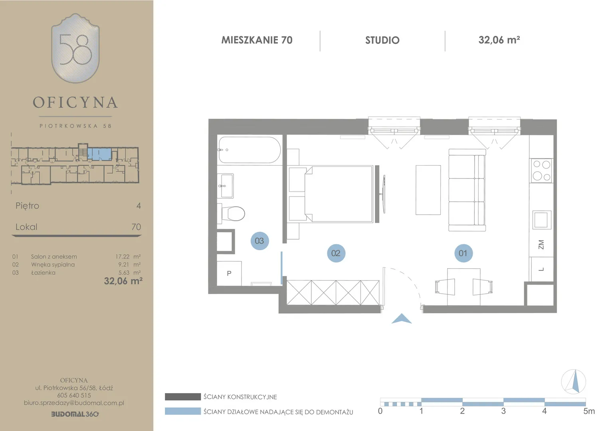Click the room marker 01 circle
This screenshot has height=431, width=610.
pyautogui.click(x=463, y=253)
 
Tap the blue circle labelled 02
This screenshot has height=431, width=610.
pyautogui.click(x=336, y=253)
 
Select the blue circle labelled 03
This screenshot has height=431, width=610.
pyautogui.click(x=259, y=241)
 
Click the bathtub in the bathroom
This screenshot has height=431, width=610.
pyautogui.click(x=250, y=150)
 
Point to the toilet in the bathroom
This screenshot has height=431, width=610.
pyautogui.click(x=232, y=214)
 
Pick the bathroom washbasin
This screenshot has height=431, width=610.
pyautogui.click(x=226, y=186)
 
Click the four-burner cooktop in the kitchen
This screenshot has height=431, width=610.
pyautogui.click(x=541, y=171)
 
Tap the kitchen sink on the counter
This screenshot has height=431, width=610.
pyautogui.click(x=541, y=220)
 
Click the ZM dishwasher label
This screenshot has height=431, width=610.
pyautogui.click(x=541, y=245)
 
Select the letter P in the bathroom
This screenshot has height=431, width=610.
pyautogui.click(x=229, y=273)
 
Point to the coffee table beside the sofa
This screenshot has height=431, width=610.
pyautogui.click(x=428, y=190)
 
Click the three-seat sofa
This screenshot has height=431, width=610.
pyautogui.click(x=467, y=190)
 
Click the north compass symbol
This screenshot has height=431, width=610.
pyautogui.click(x=574, y=382)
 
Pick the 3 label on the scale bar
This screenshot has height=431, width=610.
pyautogui.click(x=503, y=411)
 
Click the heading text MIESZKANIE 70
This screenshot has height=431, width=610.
pyautogui.click(x=257, y=40)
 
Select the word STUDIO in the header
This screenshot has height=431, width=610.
pyautogui.click(x=382, y=40)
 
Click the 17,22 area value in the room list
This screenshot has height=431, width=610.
pyautogui.click(x=122, y=257)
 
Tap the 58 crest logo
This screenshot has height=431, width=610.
pyautogui.click(x=75, y=48)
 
